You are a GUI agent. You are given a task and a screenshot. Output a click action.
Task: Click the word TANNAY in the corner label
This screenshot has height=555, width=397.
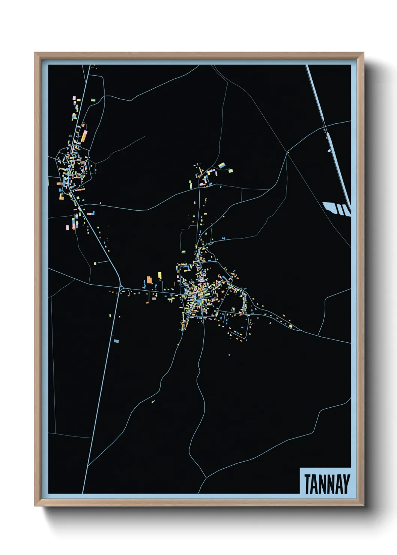[327, 484]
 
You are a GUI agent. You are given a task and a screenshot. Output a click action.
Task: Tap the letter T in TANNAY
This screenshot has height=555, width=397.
[308, 484]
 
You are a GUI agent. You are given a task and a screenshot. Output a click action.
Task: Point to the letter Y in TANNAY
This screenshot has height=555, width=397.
[346, 484]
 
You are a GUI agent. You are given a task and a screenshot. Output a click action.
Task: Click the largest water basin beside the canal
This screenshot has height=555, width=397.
[329, 207]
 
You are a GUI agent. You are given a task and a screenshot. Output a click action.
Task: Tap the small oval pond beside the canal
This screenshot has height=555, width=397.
[329, 151]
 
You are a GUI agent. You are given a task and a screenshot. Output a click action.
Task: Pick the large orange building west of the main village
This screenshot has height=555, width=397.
[149, 280]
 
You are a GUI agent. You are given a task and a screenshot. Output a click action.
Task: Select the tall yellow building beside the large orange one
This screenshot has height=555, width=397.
[159, 276]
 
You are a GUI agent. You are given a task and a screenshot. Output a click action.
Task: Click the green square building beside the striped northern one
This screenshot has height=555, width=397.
[230, 171]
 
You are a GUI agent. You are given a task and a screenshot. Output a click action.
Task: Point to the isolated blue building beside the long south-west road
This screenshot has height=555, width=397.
[116, 341]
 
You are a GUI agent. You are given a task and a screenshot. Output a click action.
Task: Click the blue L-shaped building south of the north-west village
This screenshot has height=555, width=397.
[91, 213]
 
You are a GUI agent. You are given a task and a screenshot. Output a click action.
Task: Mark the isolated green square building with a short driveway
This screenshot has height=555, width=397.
[95, 263]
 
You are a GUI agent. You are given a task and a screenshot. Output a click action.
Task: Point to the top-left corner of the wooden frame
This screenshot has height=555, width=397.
[35, 53]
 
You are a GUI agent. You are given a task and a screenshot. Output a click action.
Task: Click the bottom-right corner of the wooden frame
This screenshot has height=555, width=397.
[363, 506]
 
